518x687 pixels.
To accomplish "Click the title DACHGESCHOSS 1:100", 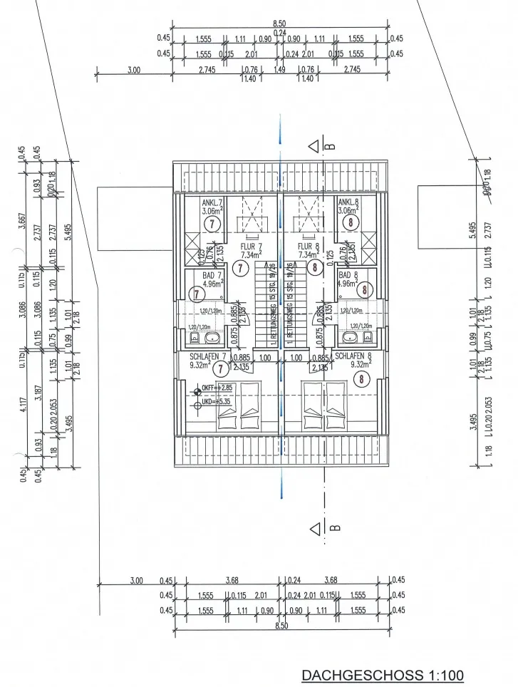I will [x=383, y=674].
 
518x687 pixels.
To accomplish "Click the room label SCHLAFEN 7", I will [x=208, y=356].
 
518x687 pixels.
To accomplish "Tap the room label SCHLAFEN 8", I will [x=354, y=356].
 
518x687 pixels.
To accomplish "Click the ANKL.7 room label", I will [x=211, y=202].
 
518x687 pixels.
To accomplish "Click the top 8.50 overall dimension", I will [x=279, y=24].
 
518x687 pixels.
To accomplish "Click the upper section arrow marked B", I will [x=316, y=148].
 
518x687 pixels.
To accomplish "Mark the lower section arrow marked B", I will [x=316, y=528].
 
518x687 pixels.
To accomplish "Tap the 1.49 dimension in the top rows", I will [x=280, y=70].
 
